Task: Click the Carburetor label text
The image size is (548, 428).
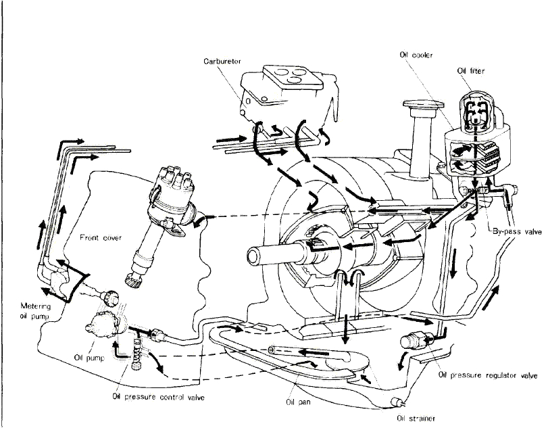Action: tap(222, 61)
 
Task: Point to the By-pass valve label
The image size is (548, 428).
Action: tap(516, 231)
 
